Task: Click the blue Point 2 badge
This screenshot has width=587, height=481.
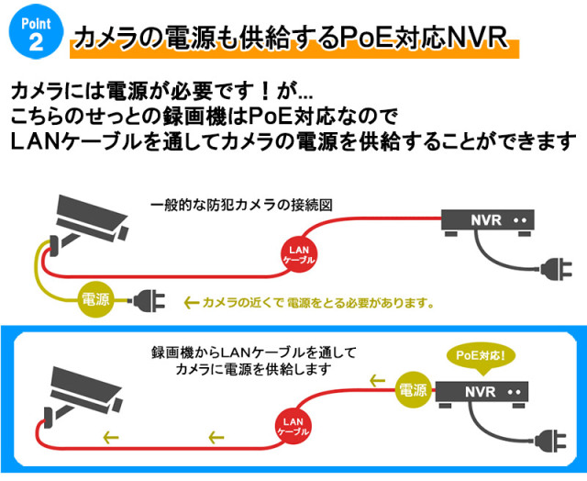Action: (31, 31)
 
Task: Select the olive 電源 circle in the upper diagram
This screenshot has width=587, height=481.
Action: (96, 298)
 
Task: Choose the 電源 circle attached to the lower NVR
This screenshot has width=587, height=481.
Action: (413, 390)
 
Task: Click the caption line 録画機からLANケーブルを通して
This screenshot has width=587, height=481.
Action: (253, 352)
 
